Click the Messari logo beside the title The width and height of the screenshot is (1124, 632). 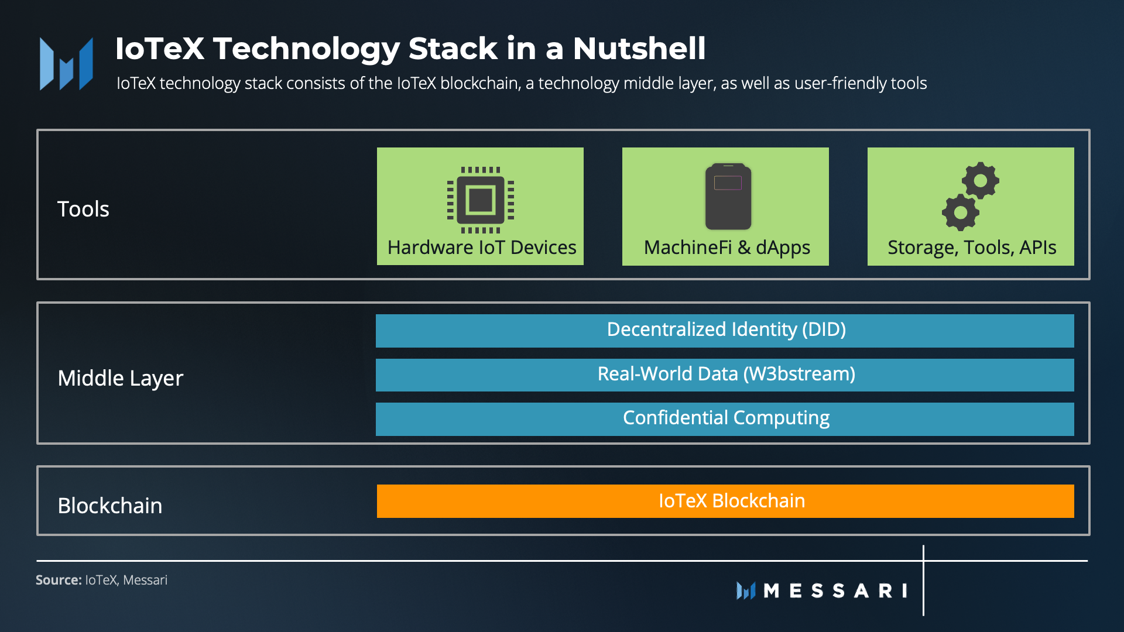(66, 64)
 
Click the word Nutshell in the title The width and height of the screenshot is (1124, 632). (639, 48)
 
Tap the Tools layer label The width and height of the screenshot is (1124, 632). (83, 209)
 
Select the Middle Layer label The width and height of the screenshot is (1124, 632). (120, 378)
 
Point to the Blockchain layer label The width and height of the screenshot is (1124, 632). (110, 506)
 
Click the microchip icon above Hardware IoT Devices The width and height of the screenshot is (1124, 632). (481, 200)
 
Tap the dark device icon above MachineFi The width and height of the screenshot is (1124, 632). (728, 197)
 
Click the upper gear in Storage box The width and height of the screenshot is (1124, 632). (981, 180)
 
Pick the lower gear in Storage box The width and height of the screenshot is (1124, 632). (960, 212)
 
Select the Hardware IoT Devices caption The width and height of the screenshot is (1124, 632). (482, 248)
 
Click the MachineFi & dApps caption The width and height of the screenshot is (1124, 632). (727, 248)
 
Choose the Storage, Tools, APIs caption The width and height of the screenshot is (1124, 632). (972, 248)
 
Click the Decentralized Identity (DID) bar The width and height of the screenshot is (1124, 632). (725, 330)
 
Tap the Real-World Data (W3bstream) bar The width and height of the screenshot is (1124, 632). (725, 375)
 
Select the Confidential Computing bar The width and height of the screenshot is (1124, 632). (725, 418)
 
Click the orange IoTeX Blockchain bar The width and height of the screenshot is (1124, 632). (725, 501)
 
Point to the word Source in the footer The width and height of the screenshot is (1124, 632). (58, 580)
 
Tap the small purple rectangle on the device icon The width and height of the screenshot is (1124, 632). (728, 183)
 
